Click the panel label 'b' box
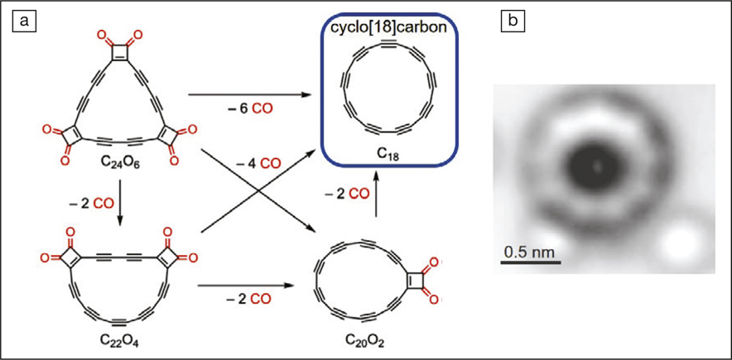[512, 22]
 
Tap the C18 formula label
[388, 151]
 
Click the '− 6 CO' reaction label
[250, 111]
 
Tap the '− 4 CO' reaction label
[258, 163]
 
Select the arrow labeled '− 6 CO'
[250, 95]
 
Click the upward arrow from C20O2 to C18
[376, 195]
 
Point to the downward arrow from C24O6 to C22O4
[119, 204]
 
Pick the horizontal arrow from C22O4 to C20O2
[248, 285]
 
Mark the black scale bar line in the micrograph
[531, 262]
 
